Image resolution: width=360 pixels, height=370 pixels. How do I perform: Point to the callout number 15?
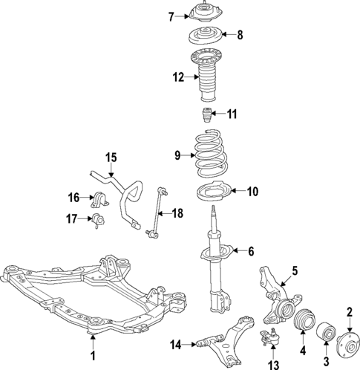click(111, 157)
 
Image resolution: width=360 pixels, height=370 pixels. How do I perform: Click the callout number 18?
click(177, 213)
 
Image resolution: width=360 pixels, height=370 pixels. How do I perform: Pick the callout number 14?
click(175, 343)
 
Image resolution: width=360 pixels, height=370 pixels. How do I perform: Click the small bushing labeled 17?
click(102, 219)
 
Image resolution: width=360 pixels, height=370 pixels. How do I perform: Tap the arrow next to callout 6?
click(237, 251)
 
